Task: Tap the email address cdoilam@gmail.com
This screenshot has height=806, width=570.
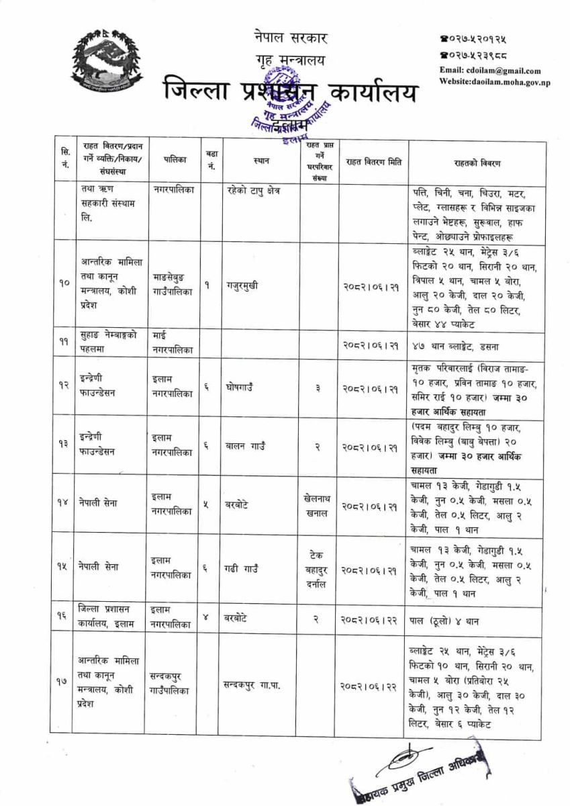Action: pos(490,71)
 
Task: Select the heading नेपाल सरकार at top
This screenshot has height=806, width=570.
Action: pos(281,38)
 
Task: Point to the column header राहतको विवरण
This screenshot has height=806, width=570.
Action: pos(481,163)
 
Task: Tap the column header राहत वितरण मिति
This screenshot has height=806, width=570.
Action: pos(373,163)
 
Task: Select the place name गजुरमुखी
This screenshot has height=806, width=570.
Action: pos(241,283)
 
